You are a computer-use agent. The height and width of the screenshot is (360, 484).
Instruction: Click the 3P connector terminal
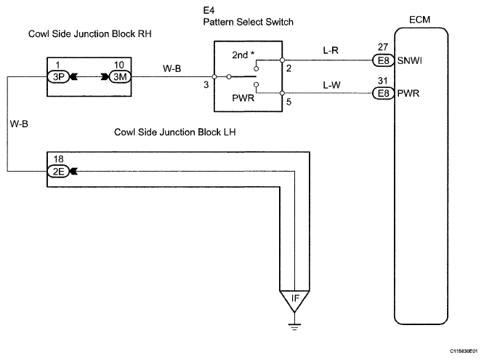[58, 76]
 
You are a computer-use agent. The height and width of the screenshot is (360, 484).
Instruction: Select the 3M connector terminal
[120, 76]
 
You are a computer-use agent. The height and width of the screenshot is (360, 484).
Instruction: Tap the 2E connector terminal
[58, 171]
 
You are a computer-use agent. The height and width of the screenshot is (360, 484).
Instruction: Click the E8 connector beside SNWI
[384, 60]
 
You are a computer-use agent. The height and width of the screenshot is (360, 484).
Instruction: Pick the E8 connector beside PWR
[384, 93]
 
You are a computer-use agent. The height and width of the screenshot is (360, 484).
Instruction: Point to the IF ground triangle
[294, 300]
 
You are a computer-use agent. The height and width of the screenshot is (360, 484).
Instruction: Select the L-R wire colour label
[331, 50]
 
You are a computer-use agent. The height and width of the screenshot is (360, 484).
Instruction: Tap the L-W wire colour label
[331, 84]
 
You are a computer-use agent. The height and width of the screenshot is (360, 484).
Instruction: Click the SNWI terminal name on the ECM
[409, 60]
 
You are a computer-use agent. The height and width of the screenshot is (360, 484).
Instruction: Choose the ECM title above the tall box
[419, 20]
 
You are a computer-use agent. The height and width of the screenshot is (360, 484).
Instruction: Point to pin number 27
[383, 47]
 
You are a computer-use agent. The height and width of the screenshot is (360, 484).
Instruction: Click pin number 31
[383, 81]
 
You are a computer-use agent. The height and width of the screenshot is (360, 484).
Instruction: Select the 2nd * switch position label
[243, 55]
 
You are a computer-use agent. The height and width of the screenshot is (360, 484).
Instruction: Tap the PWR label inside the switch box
[243, 98]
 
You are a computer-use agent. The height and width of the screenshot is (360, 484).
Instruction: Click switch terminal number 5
[289, 102]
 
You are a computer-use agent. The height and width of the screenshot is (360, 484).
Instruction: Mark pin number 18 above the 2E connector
[58, 159]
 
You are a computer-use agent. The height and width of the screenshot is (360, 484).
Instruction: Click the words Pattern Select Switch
[248, 22]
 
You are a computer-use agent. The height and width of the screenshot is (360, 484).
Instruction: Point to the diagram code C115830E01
[464, 351]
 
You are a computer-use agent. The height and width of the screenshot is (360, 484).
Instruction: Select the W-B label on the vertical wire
[19, 124]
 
